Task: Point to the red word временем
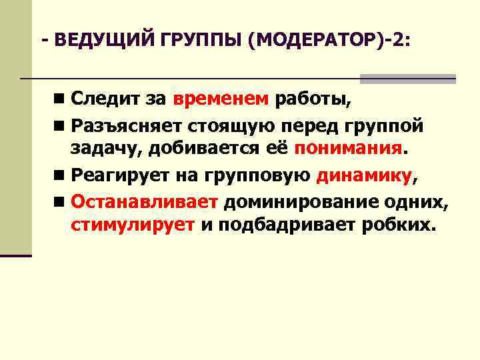click(221, 100)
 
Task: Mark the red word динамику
click(365, 176)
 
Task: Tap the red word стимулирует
click(133, 224)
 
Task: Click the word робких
click(399, 224)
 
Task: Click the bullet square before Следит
click(61, 101)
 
